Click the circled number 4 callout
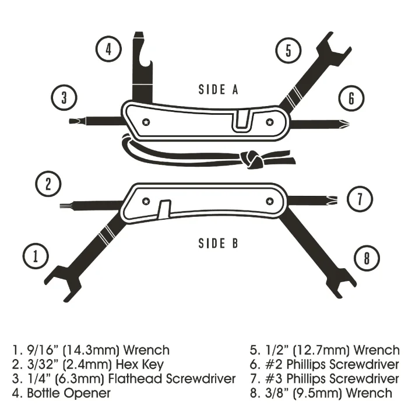pos(108,49)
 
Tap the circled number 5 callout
pos(289,51)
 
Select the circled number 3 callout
pos(64,97)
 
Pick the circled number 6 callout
pos(351,98)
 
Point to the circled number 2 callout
pos(48,184)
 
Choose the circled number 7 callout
pos(360,199)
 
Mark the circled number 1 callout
pos(36,256)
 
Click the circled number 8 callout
pos(367,258)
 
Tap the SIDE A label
pos(219,90)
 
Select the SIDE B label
pos(219,243)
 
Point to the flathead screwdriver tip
pos(74,121)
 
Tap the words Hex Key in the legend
pos(140,365)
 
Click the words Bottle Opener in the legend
pos(69,393)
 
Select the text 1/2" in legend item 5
pos(276,350)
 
